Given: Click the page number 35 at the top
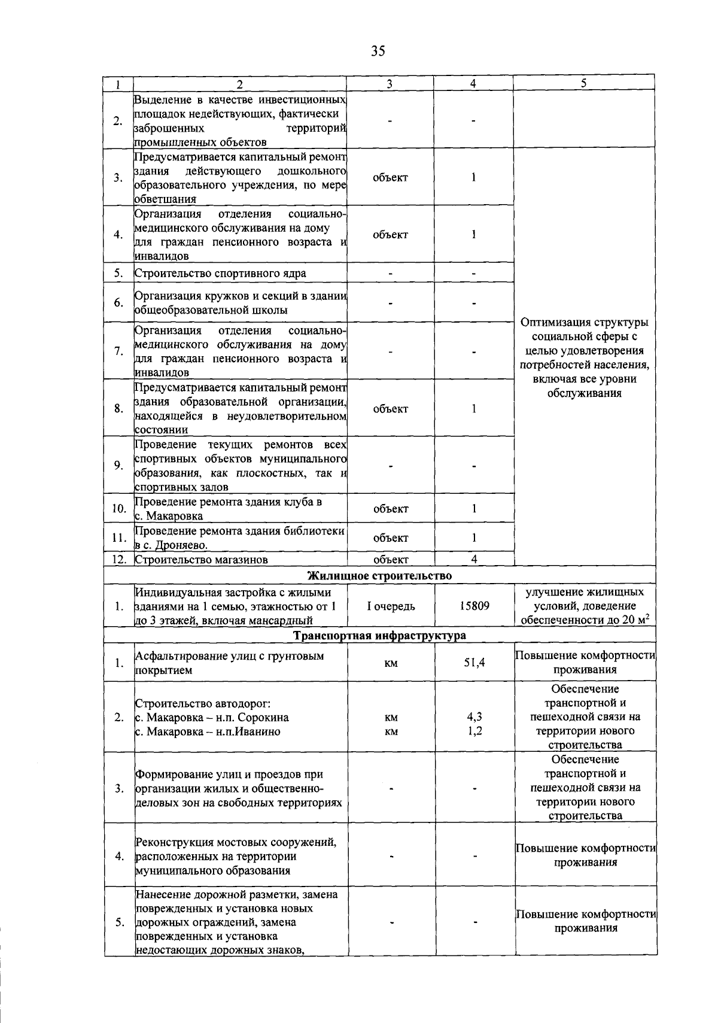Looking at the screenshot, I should tap(378, 51).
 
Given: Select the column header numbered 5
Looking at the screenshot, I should tap(583, 84).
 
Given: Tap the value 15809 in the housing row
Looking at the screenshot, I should tap(474, 606).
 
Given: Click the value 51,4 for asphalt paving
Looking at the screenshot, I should tap(474, 663).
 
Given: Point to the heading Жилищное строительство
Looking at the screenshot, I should tap(379, 576).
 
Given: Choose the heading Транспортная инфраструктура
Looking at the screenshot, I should tap(379, 635).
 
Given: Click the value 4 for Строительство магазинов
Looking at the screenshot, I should tap(473, 560).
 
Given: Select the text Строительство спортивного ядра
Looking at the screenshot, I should tap(220, 274).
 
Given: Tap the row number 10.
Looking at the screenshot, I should tap(118, 509).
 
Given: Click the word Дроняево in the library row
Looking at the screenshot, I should tap(182, 545).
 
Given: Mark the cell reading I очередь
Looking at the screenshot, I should tap(391, 606).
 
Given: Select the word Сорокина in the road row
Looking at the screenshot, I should tap(263, 717).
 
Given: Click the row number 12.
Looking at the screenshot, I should tap(118, 560).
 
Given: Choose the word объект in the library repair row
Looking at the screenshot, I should tap(391, 538).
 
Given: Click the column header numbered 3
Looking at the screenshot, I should tap(390, 84).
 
